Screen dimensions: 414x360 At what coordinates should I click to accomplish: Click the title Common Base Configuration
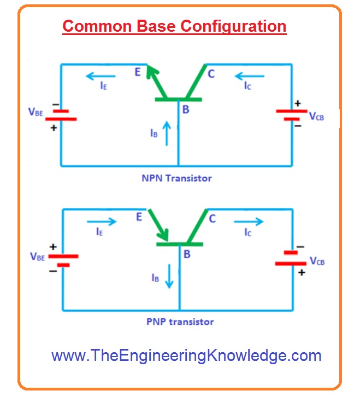174,26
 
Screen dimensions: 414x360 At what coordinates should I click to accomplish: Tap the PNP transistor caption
180,322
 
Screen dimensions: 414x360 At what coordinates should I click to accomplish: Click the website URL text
186,355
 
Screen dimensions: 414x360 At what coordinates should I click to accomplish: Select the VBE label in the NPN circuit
36,113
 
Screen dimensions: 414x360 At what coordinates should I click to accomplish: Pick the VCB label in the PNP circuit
317,261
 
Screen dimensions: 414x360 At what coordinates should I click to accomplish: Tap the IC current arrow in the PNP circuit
249,221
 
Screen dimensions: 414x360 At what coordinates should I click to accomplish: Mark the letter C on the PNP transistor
212,219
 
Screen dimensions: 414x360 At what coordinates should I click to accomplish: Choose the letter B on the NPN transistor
186,110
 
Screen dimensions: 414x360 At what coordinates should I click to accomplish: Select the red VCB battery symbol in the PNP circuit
291,258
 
